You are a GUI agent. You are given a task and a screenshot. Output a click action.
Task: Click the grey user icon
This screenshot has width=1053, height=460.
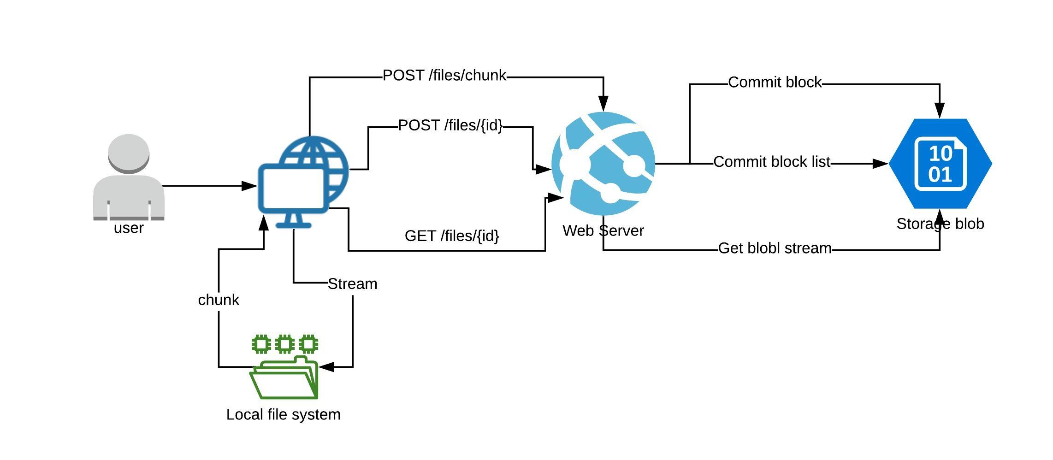coord(129,177)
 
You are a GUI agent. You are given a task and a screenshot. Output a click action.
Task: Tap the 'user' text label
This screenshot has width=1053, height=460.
coord(129,228)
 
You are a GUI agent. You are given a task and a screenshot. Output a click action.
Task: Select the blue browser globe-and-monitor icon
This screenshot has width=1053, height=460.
coord(303,182)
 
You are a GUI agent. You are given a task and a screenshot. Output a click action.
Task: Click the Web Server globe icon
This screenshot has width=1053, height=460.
coord(603,164)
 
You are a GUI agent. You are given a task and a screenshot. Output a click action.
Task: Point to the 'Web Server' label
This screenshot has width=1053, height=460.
coord(603,230)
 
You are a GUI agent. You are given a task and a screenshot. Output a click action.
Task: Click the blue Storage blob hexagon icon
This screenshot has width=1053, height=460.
coord(940,164)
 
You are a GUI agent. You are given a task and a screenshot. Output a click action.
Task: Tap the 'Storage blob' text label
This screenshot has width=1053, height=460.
coord(940,224)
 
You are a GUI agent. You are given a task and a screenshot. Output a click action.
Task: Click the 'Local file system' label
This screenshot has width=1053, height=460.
coord(284,414)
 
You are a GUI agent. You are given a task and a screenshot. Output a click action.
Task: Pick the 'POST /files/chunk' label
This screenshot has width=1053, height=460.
coord(444,76)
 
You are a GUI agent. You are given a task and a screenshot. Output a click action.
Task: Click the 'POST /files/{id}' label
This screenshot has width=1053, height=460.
coord(450,125)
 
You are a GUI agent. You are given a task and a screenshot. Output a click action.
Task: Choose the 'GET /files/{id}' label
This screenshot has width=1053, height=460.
coord(452,236)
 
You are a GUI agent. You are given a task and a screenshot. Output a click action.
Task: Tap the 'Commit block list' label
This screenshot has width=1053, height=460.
coord(772,162)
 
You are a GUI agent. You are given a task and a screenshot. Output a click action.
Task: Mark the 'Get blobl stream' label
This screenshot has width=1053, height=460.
coord(775,248)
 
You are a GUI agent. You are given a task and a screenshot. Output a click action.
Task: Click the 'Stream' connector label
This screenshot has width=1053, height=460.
coord(352,284)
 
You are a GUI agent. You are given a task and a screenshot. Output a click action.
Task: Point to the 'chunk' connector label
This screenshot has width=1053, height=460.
coord(219,300)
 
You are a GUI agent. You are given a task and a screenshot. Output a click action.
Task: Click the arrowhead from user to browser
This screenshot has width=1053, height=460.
coord(249,186)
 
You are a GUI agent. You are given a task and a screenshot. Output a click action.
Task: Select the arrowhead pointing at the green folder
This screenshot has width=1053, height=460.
coord(326,367)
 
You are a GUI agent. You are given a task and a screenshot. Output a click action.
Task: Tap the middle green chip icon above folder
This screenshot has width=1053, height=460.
coord(285,344)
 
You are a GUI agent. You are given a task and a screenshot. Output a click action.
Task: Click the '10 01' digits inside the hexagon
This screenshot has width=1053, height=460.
coord(940,164)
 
